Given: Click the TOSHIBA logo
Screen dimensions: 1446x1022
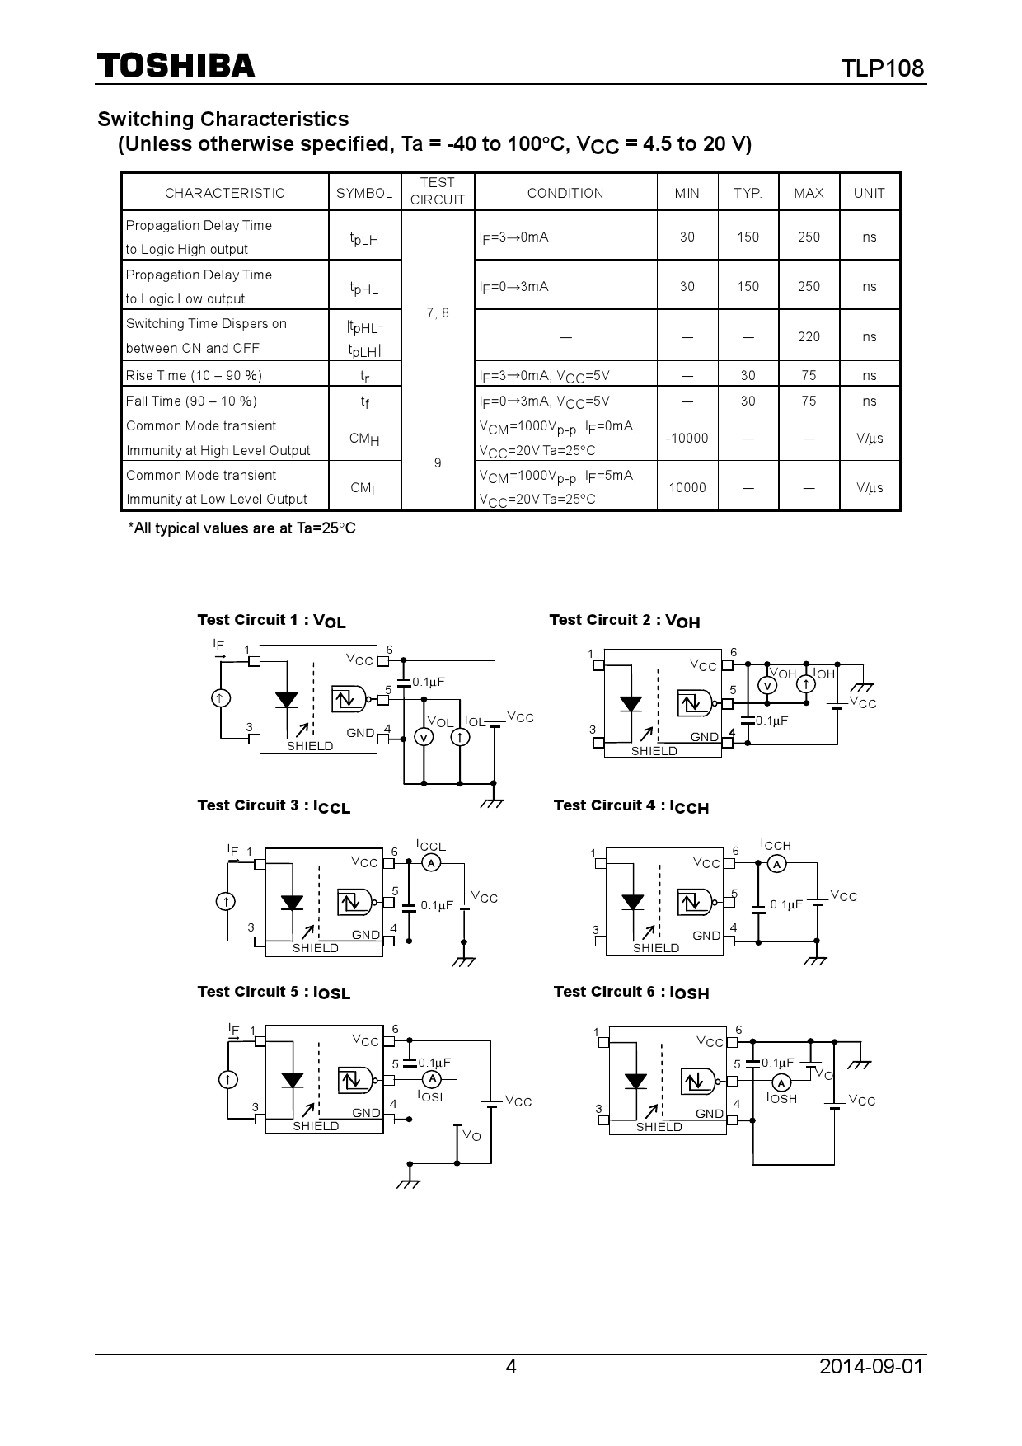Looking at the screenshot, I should click(176, 66).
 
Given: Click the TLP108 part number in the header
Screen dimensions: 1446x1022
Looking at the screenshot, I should click(882, 68).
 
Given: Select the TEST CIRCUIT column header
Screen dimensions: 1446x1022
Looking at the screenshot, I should click(437, 191).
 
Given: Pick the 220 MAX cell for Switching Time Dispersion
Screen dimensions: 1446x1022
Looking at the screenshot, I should click(809, 336).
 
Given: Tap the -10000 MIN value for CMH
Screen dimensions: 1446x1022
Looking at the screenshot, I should click(687, 439).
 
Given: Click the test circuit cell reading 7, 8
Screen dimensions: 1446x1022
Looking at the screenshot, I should click(438, 312).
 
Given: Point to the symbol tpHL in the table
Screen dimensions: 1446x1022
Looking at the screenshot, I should click(363, 288).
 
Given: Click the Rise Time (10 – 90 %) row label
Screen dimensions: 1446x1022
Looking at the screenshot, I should click(194, 376).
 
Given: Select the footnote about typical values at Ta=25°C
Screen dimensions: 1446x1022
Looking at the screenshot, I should click(241, 528).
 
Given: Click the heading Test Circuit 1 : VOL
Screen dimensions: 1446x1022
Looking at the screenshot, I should click(271, 621).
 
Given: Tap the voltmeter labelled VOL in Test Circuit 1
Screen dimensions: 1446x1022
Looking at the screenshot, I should click(424, 737).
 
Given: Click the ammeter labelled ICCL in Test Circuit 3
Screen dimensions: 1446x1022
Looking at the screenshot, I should click(430, 863).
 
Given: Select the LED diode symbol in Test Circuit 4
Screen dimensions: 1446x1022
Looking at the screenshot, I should click(632, 902).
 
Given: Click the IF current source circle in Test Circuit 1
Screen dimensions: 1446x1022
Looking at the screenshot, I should click(220, 698).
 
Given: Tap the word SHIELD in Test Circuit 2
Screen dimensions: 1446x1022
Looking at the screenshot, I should click(654, 751).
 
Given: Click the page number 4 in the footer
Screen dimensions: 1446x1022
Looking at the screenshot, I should click(511, 1367).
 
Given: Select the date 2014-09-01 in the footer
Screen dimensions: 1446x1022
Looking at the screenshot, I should click(871, 1367).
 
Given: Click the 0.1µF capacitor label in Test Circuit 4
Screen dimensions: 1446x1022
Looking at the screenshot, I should click(785, 904).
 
